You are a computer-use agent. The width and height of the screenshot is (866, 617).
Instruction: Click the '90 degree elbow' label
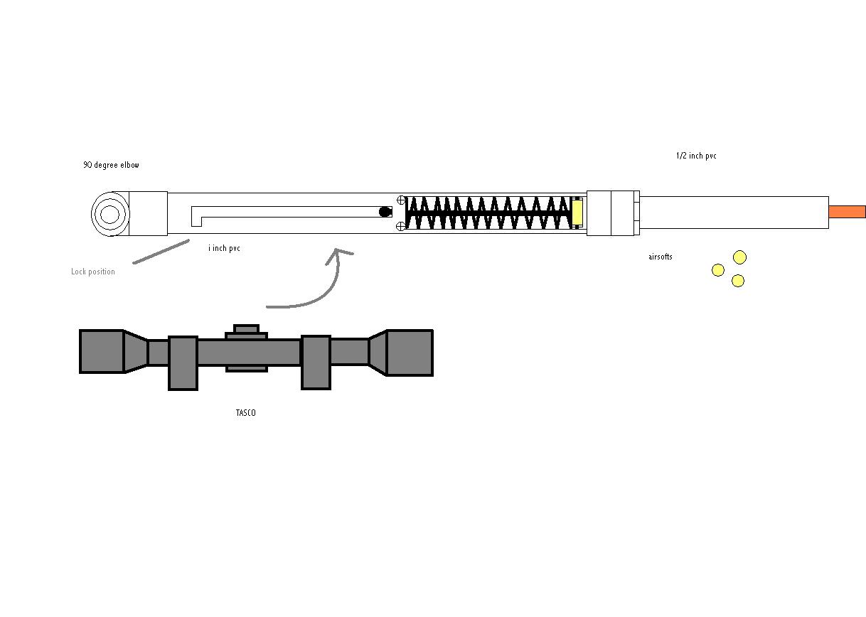tap(112, 165)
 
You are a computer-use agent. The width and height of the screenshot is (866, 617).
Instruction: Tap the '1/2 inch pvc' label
tap(696, 156)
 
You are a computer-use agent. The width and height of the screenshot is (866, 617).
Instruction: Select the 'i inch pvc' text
tap(224, 248)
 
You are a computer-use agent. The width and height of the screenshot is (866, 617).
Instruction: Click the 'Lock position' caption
tap(92, 272)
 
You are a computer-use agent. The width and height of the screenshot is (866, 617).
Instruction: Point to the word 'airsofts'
tap(661, 257)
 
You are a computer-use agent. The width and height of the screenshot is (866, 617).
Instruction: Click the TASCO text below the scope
tap(246, 413)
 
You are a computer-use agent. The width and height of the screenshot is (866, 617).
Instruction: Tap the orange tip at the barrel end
tap(847, 212)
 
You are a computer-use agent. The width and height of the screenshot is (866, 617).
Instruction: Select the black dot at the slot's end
tap(385, 212)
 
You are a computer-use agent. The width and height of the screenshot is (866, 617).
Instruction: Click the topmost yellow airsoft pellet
tap(739, 257)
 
